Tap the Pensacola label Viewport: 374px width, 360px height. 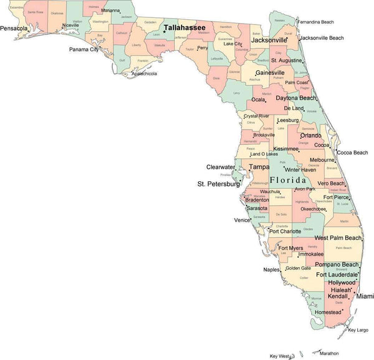click(14, 29)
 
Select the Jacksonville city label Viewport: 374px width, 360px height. click(269, 40)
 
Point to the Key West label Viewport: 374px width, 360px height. click(279, 356)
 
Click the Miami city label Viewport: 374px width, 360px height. click(365, 296)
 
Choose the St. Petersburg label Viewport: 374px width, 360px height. click(218, 184)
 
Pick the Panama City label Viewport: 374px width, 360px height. click(84, 49)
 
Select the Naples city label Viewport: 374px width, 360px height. click(271, 270)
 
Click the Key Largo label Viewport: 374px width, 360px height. click(358, 329)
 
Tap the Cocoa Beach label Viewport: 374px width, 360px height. click(352, 153)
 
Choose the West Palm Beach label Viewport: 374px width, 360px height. click(338, 238)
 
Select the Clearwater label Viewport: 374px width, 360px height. click(221, 167)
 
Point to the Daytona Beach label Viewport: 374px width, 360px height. click(295, 98)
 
